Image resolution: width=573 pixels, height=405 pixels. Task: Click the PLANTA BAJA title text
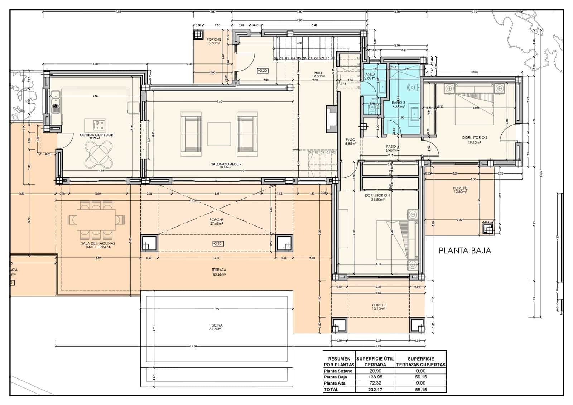coord(465,251)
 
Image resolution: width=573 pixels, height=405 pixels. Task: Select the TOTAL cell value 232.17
coord(375,389)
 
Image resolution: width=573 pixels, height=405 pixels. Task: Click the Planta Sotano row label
coord(338,371)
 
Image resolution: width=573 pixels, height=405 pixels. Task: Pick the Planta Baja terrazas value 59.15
coord(421,377)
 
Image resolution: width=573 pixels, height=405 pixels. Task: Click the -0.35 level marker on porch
coord(217,243)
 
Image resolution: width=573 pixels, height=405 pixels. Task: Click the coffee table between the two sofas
coord(219,134)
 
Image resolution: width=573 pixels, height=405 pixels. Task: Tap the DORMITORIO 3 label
coord(475,139)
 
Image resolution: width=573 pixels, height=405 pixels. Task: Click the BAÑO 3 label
coord(398,104)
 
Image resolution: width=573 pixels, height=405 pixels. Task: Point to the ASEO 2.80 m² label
coord(370,76)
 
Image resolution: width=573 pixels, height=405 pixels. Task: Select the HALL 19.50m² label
coord(318,75)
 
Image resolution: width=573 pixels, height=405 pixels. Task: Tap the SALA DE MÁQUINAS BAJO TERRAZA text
coord(98,245)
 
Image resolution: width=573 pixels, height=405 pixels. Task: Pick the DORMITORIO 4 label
coord(378,197)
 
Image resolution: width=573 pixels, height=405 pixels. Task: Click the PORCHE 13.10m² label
coord(379,307)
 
